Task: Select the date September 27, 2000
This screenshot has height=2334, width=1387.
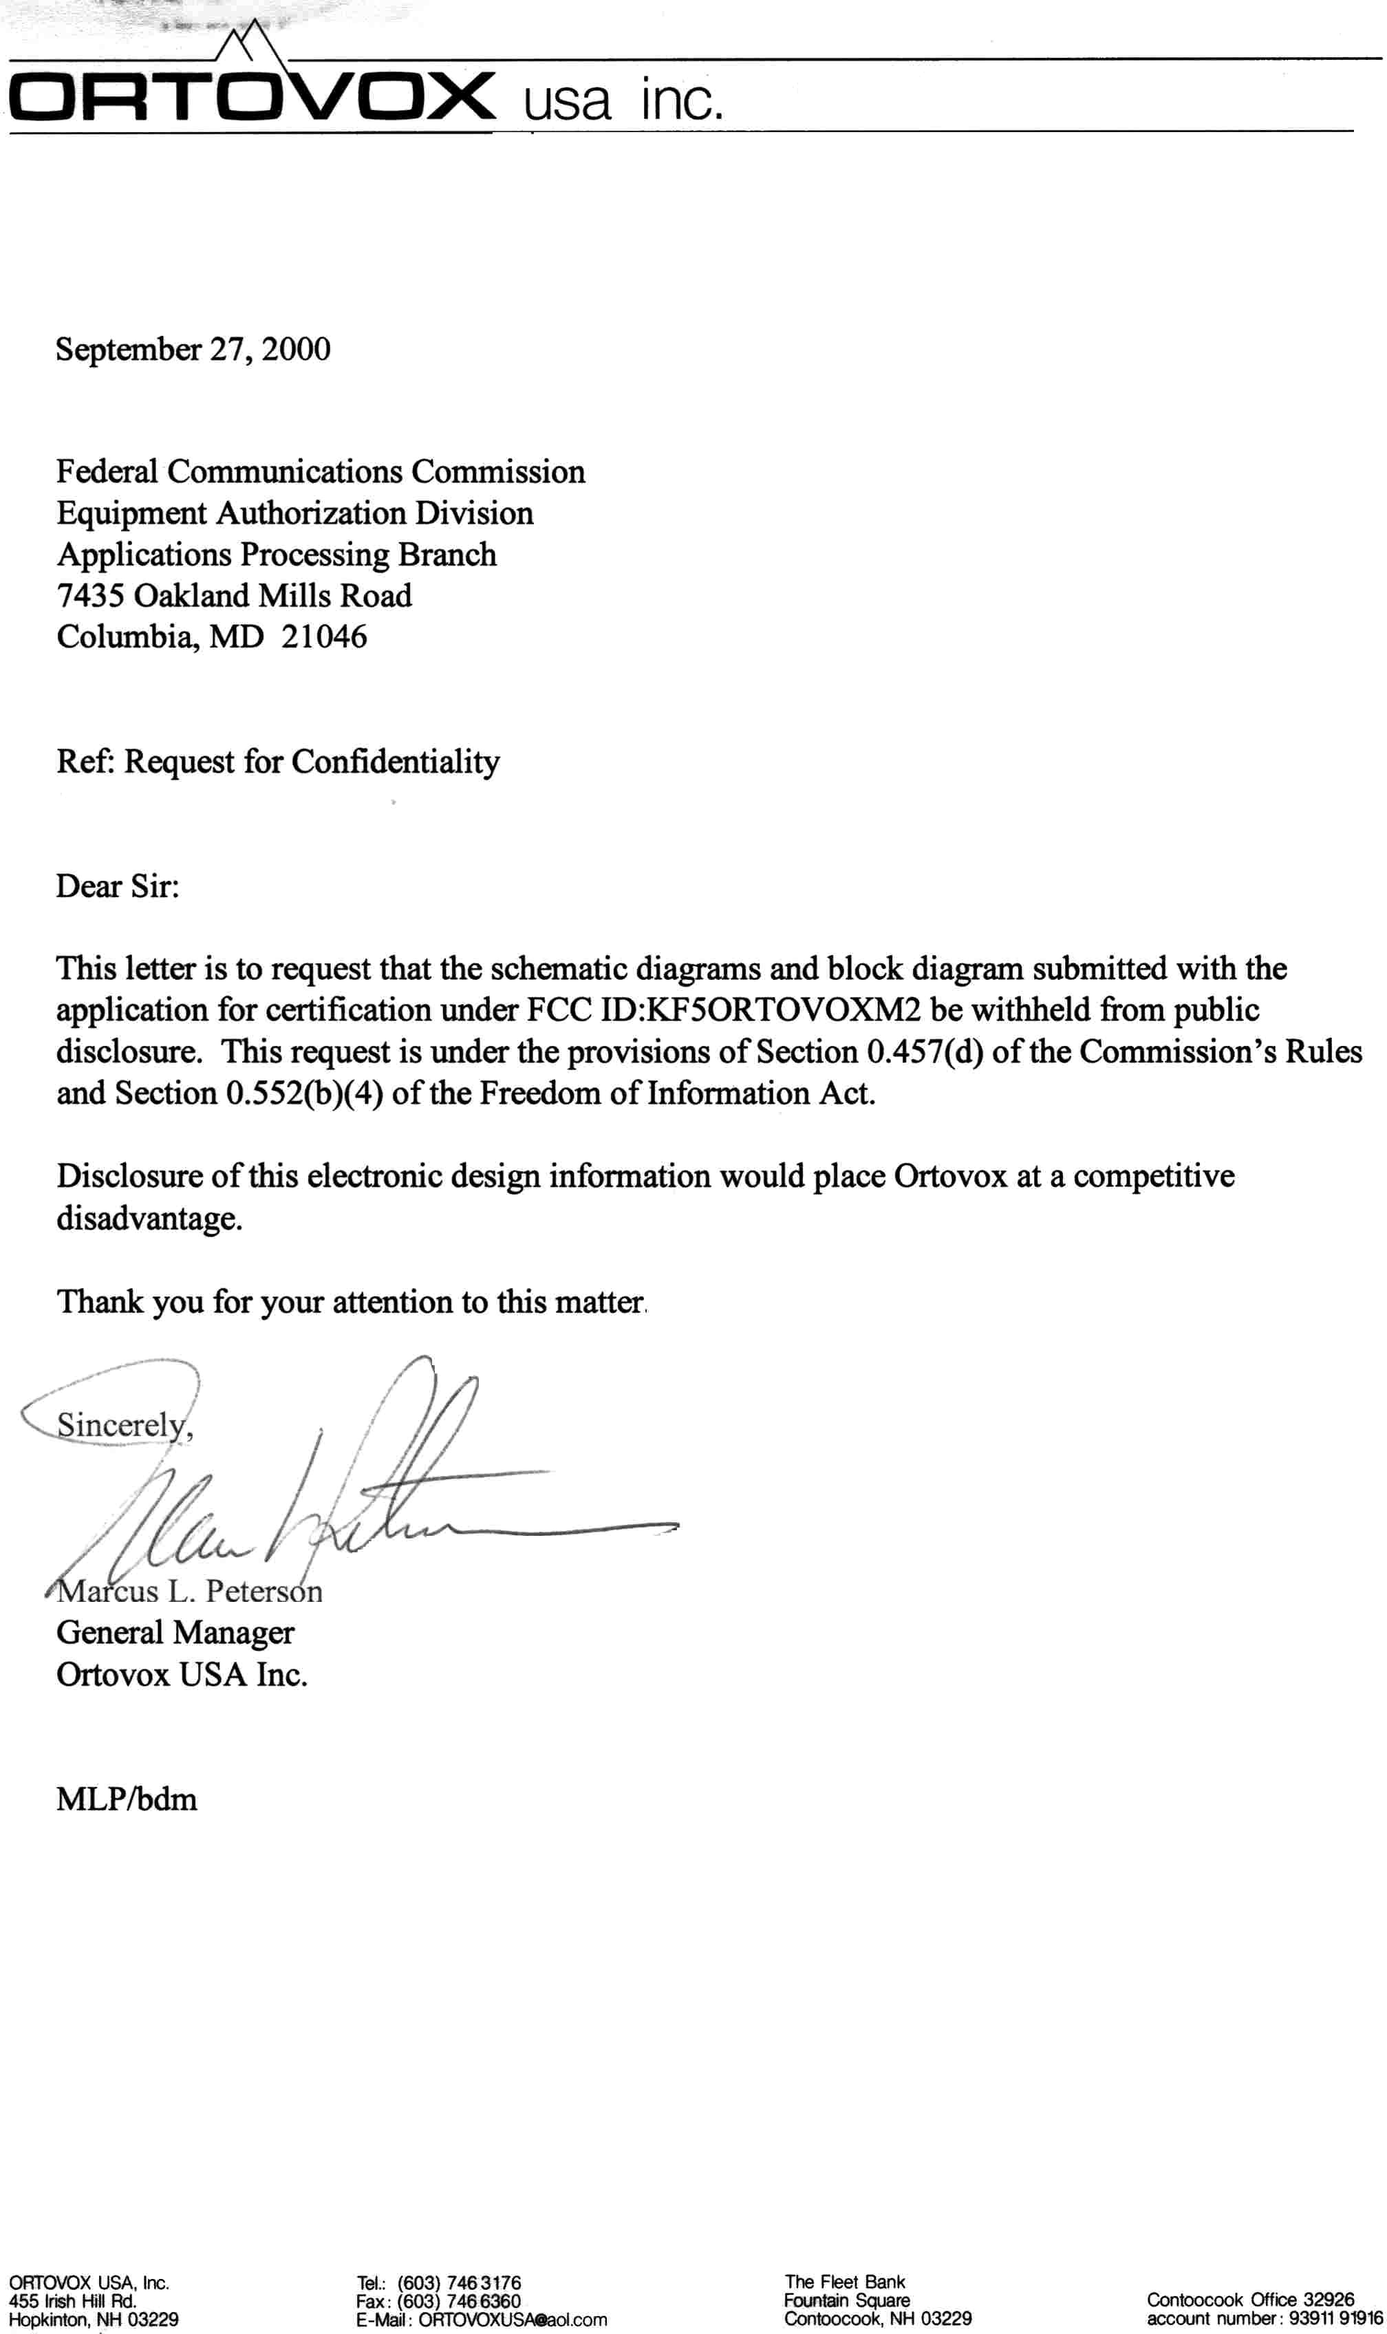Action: pyautogui.click(x=193, y=350)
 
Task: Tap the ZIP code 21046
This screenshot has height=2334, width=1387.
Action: pyautogui.click(x=323, y=637)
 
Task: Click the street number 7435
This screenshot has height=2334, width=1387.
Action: pyautogui.click(x=91, y=595)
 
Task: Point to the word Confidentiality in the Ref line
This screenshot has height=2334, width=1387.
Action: pyautogui.click(x=396, y=762)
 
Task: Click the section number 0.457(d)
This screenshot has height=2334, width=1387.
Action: pyautogui.click(x=925, y=1053)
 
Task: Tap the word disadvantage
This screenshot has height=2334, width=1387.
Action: pyautogui.click(x=148, y=1219)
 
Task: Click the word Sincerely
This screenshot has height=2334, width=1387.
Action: pyautogui.click(x=122, y=1424)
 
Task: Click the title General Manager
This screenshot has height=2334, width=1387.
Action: pyautogui.click(x=175, y=1633)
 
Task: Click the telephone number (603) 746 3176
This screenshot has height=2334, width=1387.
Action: pyautogui.click(x=459, y=2282)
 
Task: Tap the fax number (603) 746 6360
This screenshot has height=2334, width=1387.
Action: pyautogui.click(x=459, y=2301)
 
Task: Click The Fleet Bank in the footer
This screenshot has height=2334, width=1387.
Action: pyautogui.click(x=845, y=2282)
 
